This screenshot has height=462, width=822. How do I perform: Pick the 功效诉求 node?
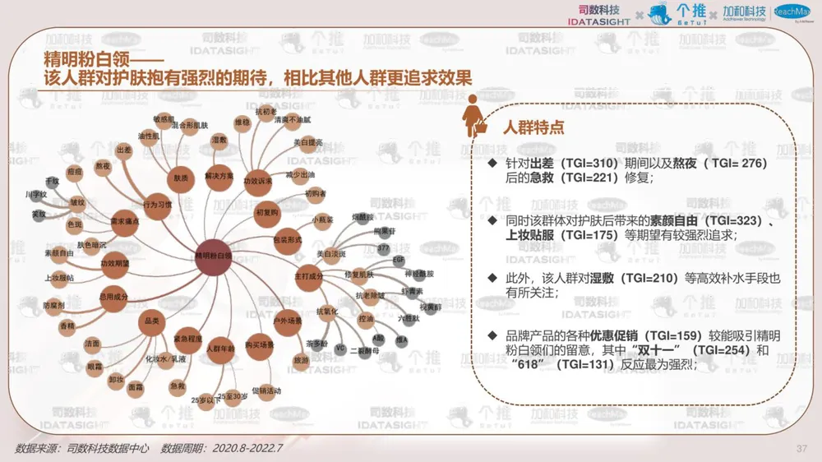[258, 181]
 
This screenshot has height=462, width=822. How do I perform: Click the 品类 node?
[150, 321]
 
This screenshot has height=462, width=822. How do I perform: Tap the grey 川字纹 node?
[37, 195]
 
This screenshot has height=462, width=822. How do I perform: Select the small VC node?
[339, 349]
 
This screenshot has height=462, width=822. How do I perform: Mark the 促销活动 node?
[266, 390]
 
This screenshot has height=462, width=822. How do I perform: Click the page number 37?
[802, 448]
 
